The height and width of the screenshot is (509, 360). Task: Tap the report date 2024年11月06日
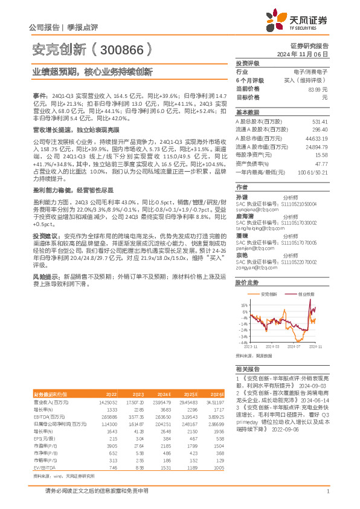coord(307,54)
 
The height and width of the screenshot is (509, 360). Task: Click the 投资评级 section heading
coord(247,63)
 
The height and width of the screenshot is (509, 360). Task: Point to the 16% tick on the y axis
coord(243,305)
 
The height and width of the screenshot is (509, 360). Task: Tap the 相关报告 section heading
coord(247,368)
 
